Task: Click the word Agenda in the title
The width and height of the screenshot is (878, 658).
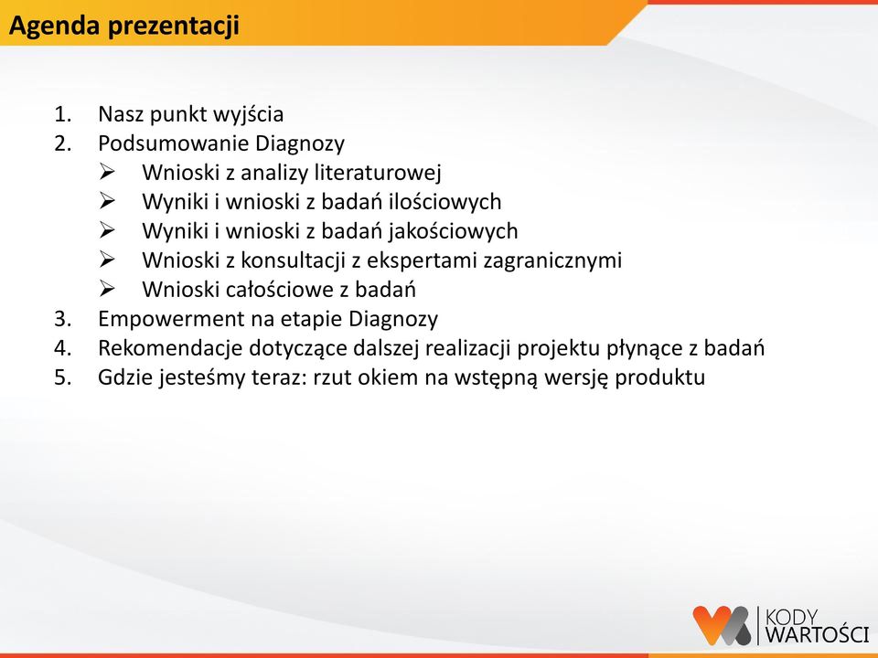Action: (54, 27)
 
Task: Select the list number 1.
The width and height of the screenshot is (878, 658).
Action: (62, 114)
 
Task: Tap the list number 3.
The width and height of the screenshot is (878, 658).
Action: (62, 319)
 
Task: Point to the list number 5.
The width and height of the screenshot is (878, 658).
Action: (62, 377)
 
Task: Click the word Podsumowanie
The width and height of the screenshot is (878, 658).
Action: (173, 143)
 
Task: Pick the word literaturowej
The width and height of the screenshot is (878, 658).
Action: (378, 173)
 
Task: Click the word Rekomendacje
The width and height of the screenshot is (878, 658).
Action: (170, 348)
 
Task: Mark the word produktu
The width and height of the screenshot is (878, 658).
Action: (660, 377)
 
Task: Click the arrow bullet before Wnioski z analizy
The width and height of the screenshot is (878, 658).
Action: (106, 172)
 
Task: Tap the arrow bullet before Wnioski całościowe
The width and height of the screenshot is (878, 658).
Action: (106, 289)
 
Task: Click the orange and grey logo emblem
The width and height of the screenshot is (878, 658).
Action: (722, 625)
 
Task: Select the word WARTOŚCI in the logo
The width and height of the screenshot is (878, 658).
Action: (817, 634)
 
